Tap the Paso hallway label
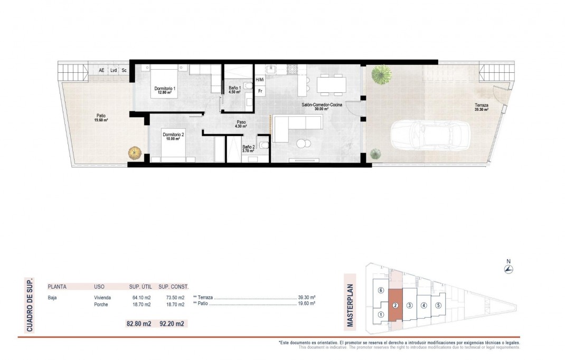click(x=241, y=124)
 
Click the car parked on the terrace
click(x=431, y=135)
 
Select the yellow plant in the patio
click(x=135, y=153)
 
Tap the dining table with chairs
click(x=332, y=83)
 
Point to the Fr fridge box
click(x=260, y=91)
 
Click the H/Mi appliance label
click(x=259, y=80)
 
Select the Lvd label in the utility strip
click(x=113, y=70)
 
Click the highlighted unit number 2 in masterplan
click(x=395, y=305)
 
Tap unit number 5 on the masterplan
click(x=438, y=305)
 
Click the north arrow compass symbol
click(x=508, y=269)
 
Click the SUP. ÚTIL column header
click(x=140, y=287)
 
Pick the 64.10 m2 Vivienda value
click(x=140, y=298)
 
